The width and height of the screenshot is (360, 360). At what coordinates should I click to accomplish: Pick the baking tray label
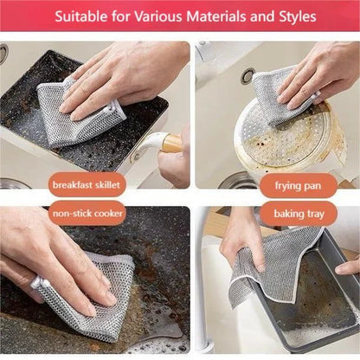[299, 212]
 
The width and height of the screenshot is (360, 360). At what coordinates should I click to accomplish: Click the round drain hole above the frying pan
[248, 76]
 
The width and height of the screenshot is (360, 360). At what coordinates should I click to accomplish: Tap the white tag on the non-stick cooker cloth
[37, 282]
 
